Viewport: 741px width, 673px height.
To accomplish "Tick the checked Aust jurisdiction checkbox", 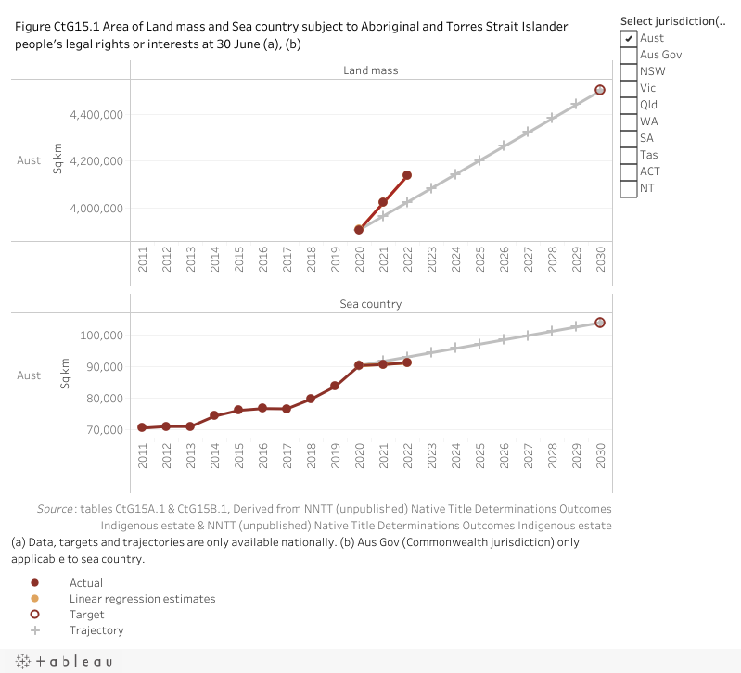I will pos(629,38).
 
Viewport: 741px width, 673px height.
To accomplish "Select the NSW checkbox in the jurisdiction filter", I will pos(629,71).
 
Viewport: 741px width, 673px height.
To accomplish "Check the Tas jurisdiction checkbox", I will pos(629,155).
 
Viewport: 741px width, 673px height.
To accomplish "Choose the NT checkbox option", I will pos(629,188).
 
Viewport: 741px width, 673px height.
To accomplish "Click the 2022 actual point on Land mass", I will pos(407,175).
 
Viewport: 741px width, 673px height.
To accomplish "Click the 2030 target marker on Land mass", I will pos(600,90).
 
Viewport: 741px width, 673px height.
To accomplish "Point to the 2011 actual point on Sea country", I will pos(142,427).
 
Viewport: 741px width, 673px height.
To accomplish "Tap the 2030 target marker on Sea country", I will pos(600,323).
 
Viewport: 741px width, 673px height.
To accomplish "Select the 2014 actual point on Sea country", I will pos(214,415).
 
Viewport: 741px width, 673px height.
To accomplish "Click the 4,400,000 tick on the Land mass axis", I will pos(97,115).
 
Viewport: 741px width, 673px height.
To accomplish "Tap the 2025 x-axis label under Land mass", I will pos(479,259).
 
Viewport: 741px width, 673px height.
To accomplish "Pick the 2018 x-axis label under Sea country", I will pos(311,455).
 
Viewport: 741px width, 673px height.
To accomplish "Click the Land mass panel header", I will pos(370,70).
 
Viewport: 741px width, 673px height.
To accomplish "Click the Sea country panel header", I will pos(370,303).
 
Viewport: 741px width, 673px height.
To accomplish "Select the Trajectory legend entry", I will pos(96,630).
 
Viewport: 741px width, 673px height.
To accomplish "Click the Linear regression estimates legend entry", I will pos(142,599).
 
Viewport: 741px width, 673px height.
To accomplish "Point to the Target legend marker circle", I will pos(34,615).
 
